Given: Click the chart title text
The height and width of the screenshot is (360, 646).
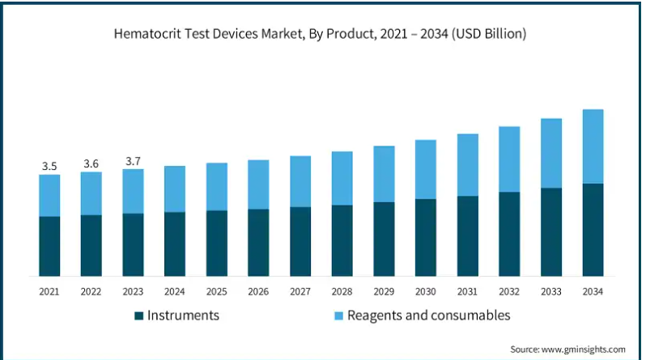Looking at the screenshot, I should [321, 34].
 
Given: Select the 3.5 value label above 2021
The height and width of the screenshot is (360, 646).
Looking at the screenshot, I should [49, 166].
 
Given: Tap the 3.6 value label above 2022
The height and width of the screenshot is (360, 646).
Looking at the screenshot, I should [91, 163].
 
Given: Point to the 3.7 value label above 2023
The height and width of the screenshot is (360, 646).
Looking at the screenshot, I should [133, 161].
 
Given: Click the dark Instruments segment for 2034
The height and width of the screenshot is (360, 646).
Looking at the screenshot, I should [593, 230].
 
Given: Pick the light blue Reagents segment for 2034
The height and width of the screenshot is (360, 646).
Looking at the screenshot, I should [593, 146].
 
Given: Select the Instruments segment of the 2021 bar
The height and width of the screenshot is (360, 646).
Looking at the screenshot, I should [49, 246].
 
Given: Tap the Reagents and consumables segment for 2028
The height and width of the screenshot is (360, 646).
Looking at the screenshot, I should [342, 178].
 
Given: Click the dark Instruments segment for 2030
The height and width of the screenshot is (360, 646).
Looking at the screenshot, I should [426, 237].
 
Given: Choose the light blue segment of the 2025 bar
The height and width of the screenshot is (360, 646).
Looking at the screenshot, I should [217, 187].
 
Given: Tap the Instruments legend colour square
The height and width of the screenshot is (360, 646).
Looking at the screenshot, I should [138, 316].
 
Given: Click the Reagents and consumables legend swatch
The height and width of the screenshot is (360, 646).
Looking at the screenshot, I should [339, 316].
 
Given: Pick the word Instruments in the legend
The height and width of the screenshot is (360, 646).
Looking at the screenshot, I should [183, 316].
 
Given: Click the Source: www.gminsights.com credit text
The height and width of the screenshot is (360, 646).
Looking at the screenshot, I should [568, 349].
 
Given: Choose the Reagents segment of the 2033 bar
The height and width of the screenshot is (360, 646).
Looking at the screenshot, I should [551, 153].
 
